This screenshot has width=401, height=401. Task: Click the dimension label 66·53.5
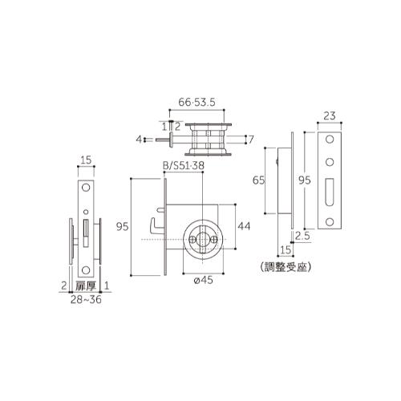[196, 102]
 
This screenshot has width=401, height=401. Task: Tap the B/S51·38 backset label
[184, 166]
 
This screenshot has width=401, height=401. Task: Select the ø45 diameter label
[204, 280]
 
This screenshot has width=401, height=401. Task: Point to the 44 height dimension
[244, 226]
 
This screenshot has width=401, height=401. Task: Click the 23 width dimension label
[330, 116]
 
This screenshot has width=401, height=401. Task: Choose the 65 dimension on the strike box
[258, 180]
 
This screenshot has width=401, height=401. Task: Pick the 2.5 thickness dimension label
[302, 236]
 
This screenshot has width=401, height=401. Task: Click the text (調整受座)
[286, 267]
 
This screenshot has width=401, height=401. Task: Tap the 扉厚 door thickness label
[86, 286]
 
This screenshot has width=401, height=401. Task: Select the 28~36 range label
[86, 300]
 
